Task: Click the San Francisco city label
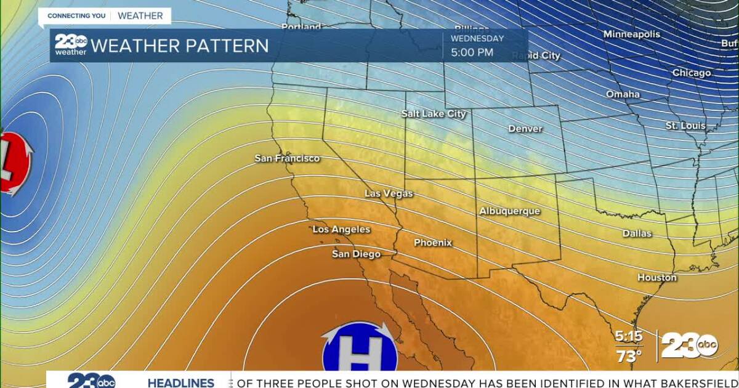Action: [x=288, y=158]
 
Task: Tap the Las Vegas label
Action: [x=389, y=193]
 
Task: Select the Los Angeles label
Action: [x=341, y=229]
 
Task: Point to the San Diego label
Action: [x=356, y=254]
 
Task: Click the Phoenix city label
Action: [x=432, y=243]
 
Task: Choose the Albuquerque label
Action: [x=509, y=211]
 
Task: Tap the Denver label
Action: [x=525, y=129]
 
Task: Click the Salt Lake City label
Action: [x=434, y=114]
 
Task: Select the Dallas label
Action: [x=637, y=233]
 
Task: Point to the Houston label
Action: [x=656, y=278]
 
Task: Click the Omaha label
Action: [x=623, y=94]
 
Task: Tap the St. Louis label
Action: [x=685, y=126]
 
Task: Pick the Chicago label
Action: [x=691, y=73]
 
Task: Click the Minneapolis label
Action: [x=631, y=34]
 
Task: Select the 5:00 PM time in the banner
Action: [x=472, y=52]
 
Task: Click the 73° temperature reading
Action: [x=629, y=355]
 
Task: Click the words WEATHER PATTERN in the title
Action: [x=180, y=46]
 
